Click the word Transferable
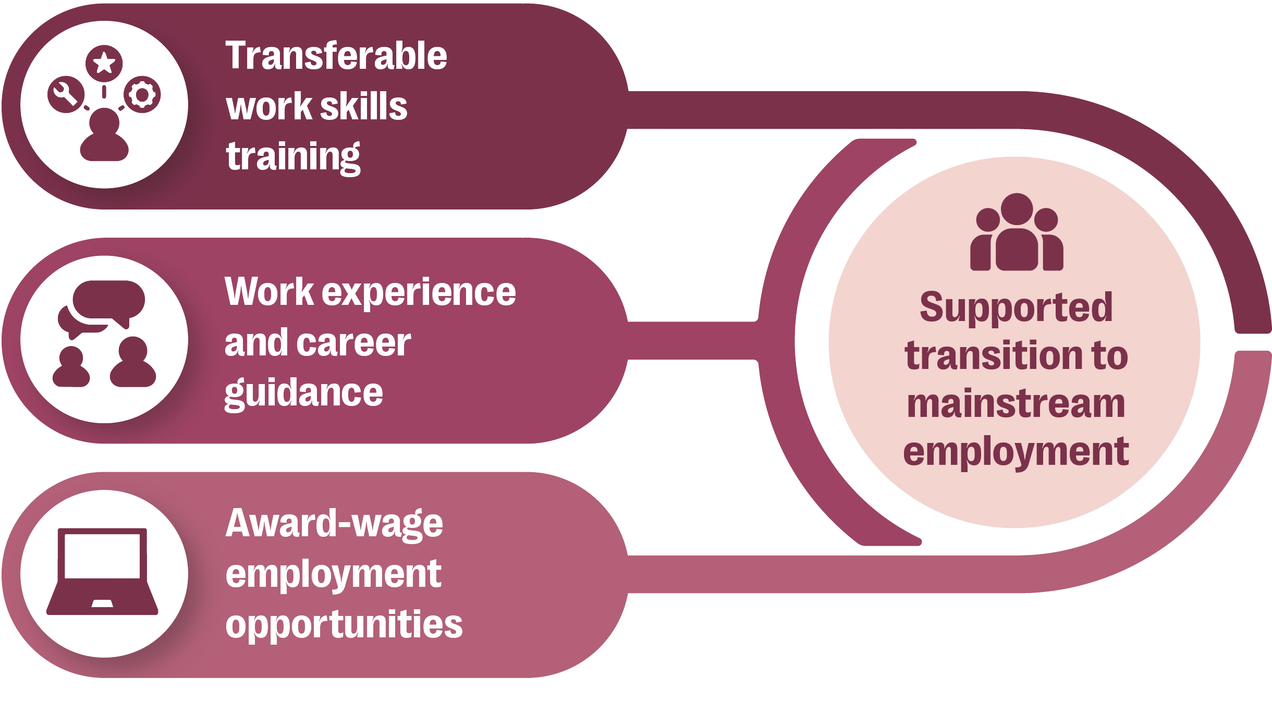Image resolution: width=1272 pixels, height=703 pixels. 336,56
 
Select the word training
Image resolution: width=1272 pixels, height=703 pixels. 293,156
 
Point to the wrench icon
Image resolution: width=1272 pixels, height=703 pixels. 65,96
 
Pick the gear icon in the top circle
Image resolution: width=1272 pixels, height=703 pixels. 142,95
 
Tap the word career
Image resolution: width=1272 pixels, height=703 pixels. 354,343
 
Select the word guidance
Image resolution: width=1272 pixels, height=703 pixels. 304,393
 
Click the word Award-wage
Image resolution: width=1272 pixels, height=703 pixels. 334,524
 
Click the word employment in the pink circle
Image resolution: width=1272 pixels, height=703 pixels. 1016,452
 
